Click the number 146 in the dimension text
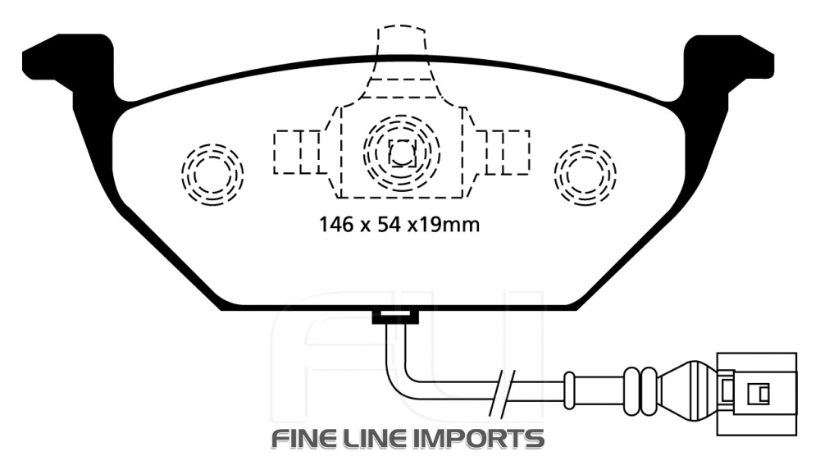pyautogui.click(x=338, y=225)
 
